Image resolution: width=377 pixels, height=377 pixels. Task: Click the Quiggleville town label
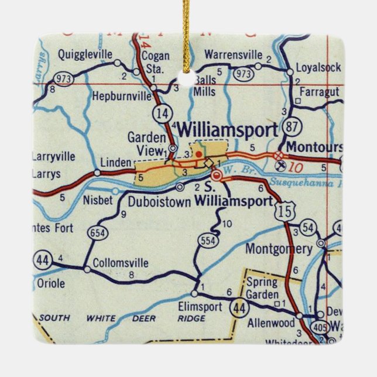[x=85, y=55]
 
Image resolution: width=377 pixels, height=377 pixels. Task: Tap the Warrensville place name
[x=233, y=55]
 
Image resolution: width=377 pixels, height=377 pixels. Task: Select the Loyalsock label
[x=318, y=67]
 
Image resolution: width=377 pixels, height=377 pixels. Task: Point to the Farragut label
[x=320, y=92]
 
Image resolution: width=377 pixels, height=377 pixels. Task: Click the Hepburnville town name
[x=121, y=92]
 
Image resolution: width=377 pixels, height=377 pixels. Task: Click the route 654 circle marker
[x=96, y=234]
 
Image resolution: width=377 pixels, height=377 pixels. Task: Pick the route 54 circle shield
[x=309, y=228]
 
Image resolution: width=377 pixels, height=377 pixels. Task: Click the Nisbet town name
[x=98, y=201]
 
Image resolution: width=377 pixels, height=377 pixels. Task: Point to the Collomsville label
[x=121, y=263]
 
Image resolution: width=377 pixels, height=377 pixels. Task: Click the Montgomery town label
[x=278, y=249]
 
